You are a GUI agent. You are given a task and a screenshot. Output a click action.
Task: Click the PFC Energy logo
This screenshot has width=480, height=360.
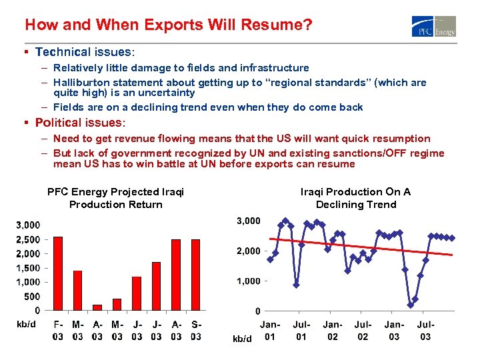point(434,25)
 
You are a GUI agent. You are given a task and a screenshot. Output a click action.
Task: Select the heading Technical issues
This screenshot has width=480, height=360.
point(85,51)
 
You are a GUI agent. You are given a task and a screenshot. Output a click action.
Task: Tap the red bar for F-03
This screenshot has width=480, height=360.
point(58,273)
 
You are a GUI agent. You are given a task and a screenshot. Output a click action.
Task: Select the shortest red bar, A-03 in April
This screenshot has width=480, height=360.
point(97,307)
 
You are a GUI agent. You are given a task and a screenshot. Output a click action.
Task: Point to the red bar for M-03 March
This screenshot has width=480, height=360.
point(77,290)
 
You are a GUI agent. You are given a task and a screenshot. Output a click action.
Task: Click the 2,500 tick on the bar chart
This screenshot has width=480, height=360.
point(27,239)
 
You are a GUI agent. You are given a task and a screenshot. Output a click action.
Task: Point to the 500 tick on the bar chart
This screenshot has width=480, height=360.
point(31,296)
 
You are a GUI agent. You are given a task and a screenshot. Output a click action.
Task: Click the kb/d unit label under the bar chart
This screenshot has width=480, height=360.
point(25,324)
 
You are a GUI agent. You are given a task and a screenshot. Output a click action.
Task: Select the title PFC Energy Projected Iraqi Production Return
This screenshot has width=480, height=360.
point(115,198)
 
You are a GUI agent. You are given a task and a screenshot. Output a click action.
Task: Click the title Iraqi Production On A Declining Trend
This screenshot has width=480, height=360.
point(355,198)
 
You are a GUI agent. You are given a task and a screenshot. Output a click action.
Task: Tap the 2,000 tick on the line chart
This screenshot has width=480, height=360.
point(249,251)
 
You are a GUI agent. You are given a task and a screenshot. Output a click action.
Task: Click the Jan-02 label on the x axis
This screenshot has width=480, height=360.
point(332,330)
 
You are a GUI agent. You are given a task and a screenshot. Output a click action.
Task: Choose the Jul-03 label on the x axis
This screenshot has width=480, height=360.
point(426,330)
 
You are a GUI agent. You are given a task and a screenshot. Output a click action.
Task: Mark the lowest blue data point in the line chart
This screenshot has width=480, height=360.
point(410,305)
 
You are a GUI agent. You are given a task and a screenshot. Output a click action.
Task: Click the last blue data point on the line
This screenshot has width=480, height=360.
point(451,238)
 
